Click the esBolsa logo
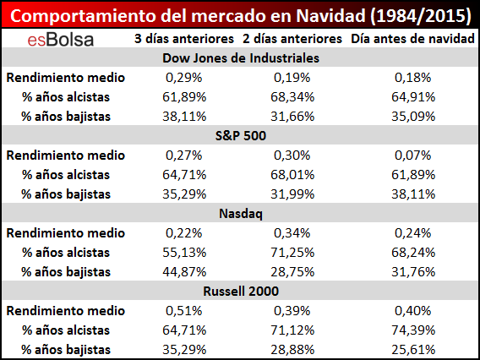[61, 40]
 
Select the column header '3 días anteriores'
[184, 39]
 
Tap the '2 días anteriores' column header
[292, 39]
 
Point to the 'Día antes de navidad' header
[412, 39]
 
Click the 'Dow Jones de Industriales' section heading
[241, 58]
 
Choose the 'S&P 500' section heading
[241, 135]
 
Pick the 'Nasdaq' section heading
[241, 214]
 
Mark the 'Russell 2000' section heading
[241, 291]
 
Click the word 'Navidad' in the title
[330, 16]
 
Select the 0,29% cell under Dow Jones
[184, 78]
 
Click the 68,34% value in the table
[292, 97]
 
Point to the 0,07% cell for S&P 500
[413, 155]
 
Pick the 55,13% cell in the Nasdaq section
[184, 253]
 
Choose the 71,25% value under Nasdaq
[292, 253]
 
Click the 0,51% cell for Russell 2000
[184, 311]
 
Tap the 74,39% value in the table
[413, 330]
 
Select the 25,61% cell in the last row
[413, 350]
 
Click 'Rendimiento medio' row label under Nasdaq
[66, 233]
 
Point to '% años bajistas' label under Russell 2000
[66, 350]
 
